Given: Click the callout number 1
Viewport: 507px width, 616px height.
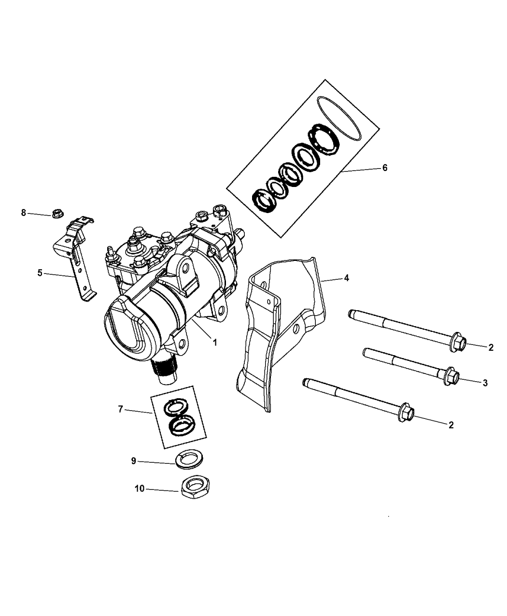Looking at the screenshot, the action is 215,343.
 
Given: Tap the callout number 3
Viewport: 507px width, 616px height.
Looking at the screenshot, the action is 485,383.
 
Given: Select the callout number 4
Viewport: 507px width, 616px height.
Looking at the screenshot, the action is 347,278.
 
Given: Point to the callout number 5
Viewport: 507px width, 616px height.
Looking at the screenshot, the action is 40,273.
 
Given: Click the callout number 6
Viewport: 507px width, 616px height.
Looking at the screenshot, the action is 385,168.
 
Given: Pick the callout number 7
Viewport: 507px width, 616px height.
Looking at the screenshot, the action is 120,409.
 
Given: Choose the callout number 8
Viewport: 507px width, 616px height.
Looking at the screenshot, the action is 24,213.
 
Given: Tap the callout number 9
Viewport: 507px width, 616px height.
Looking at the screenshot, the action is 134,461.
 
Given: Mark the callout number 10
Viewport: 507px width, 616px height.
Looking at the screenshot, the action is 140,488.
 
